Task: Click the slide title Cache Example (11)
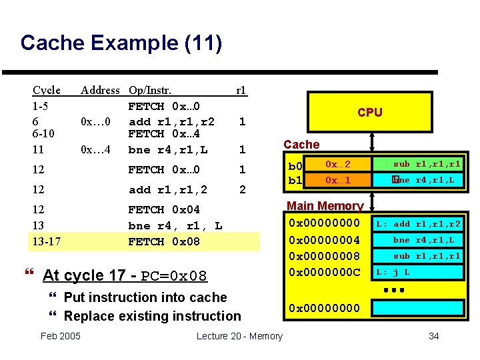[121, 43]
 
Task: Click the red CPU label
[369, 112]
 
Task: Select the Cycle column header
[47, 90]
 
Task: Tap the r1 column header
[241, 90]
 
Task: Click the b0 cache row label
[294, 165]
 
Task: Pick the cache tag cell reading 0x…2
[338, 164]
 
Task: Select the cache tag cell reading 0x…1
[338, 180]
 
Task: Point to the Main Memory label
[325, 206]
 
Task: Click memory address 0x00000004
[324, 239]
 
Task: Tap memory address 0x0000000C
[324, 272]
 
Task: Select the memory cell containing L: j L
[417, 272]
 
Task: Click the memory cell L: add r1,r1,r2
[417, 224]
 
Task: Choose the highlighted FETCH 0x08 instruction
[163, 241]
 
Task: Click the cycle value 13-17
[47, 241]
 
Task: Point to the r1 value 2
[243, 190]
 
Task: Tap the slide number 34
[433, 336]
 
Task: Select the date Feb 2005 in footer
[61, 335]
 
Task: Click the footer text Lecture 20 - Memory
[239, 336]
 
